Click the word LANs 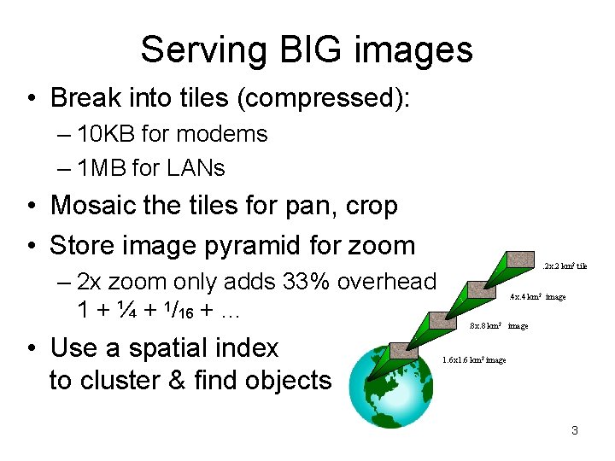tap(196, 168)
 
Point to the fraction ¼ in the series tap(124, 310)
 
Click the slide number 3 tap(575, 430)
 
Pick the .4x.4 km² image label tap(538, 297)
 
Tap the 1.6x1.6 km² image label tap(474, 360)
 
